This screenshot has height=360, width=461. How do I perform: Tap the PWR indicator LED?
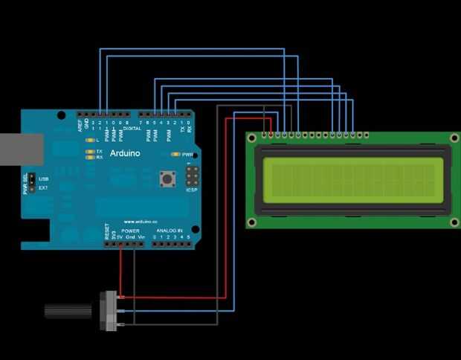tap(175, 155)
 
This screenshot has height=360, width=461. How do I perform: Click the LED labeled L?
tap(89, 140)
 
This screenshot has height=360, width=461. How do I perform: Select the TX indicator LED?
tap(89, 151)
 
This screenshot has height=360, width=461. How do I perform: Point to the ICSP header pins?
tap(192, 176)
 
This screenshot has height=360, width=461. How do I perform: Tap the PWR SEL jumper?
tap(33, 183)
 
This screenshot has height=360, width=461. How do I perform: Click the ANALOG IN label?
tap(169, 231)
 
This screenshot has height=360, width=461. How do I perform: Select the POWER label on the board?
tap(131, 231)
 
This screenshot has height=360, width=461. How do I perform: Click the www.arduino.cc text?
tap(139, 221)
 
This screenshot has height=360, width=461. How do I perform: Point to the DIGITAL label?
tap(132, 128)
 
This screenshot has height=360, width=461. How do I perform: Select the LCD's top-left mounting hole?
tap(252, 138)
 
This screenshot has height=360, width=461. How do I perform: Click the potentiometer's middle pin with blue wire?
tap(118, 312)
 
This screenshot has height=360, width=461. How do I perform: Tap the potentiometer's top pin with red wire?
tap(118, 298)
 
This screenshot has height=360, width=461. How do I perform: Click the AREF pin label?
tap(80, 125)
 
